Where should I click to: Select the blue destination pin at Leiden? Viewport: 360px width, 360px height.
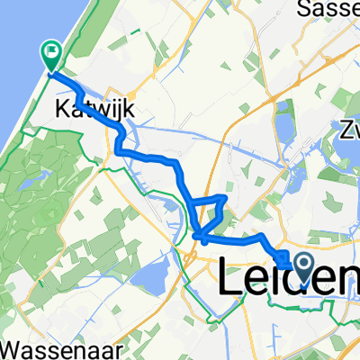pyautogui.click(x=302, y=265)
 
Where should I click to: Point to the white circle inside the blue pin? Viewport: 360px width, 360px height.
pyautogui.click(x=302, y=262)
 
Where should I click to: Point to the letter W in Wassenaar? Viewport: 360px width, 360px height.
pyautogui.click(x=12, y=346)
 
